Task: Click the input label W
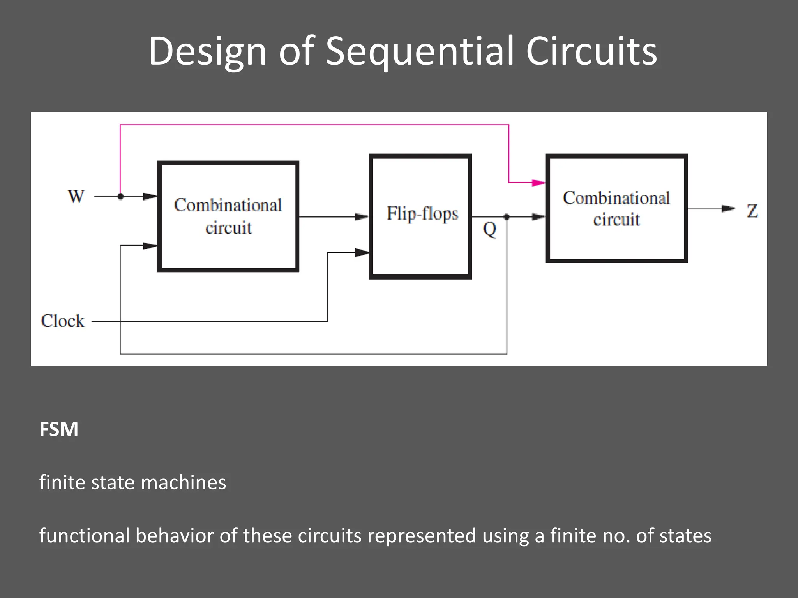point(76,197)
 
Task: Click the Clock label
point(62,321)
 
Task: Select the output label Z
point(752,211)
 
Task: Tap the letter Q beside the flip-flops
point(489,229)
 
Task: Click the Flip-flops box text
point(422,214)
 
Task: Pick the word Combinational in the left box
point(228,206)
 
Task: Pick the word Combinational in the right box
point(616,199)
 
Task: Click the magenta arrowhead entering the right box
point(538,183)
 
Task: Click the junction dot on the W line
point(120,197)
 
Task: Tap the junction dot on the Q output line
point(507,217)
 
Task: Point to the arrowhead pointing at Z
point(727,209)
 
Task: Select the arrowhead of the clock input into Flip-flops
point(362,253)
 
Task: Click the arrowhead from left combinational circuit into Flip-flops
point(362,217)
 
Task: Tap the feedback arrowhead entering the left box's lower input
point(150,246)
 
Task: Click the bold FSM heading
point(59,429)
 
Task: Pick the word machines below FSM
point(183,483)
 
